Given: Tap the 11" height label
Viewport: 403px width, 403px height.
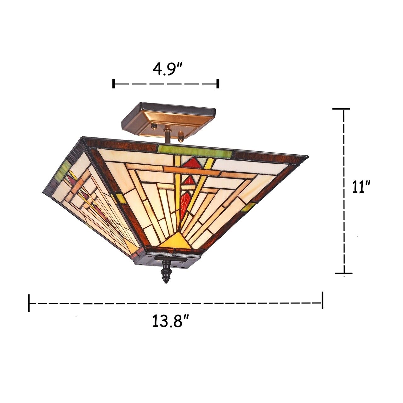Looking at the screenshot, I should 360,187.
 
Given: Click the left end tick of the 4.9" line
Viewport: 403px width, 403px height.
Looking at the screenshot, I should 113,84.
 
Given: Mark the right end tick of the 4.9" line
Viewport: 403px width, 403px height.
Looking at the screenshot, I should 218,84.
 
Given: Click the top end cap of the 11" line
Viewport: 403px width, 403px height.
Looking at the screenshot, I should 341,109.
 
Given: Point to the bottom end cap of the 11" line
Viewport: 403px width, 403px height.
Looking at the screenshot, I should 343,273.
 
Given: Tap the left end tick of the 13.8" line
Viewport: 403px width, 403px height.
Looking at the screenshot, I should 29,303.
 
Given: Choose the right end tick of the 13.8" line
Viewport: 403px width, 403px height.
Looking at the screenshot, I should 322,300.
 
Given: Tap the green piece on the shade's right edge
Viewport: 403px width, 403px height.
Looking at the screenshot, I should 249,207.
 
